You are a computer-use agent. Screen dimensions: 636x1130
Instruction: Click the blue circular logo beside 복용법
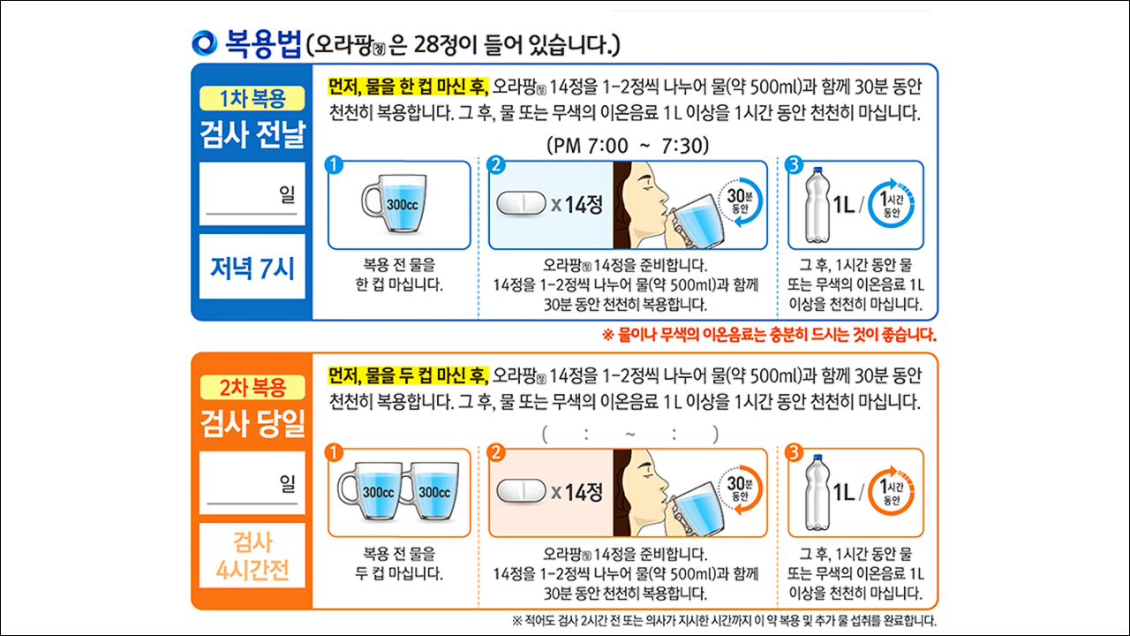point(204,42)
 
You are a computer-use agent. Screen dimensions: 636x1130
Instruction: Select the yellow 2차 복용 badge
point(252,387)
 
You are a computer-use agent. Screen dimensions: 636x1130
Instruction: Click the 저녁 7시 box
point(252,267)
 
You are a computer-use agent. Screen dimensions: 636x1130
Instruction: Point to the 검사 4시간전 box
point(252,556)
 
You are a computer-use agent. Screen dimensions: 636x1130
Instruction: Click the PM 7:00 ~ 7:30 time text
point(628,145)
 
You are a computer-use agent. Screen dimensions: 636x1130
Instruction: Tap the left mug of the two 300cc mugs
point(374,491)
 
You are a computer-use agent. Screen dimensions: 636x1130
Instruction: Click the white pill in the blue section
point(522,204)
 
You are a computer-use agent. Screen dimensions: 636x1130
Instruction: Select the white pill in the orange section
point(522,491)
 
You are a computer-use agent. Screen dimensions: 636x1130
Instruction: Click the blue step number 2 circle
point(497,165)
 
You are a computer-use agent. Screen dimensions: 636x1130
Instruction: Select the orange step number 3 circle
point(794,453)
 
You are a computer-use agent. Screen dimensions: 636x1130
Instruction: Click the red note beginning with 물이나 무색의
point(768,335)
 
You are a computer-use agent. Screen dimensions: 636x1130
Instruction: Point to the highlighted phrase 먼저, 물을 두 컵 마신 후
point(408,375)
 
